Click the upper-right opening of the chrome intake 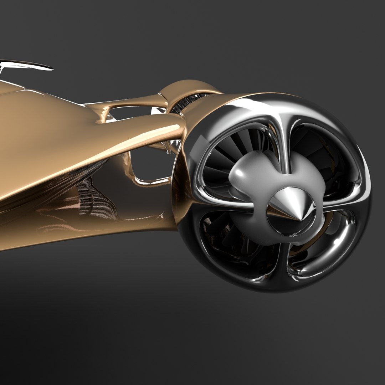[321, 153]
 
